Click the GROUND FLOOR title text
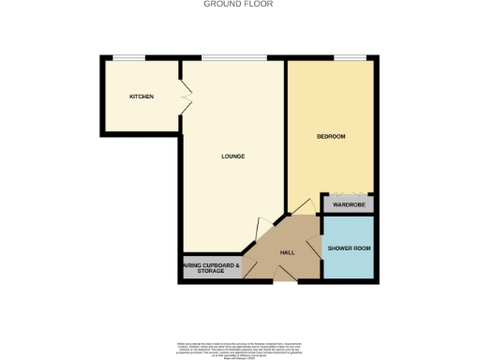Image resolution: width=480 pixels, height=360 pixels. click(239, 4)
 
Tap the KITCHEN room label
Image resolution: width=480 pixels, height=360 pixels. click(142, 97)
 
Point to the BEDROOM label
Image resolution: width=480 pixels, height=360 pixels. click(331, 137)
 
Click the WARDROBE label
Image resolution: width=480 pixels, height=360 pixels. click(349, 203)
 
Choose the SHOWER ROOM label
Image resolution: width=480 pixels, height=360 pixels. click(349, 247)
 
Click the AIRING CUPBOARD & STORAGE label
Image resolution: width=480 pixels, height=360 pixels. click(211, 268)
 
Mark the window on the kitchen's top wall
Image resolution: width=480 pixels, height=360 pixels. click(128, 57)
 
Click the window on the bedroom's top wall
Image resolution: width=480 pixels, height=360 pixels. click(350, 57)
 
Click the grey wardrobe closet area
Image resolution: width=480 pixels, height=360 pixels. click(349, 203)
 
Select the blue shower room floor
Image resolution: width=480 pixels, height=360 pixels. click(349, 262)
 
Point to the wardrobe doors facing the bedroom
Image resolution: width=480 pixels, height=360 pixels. click(349, 193)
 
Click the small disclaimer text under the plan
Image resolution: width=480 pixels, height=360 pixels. click(239, 348)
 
